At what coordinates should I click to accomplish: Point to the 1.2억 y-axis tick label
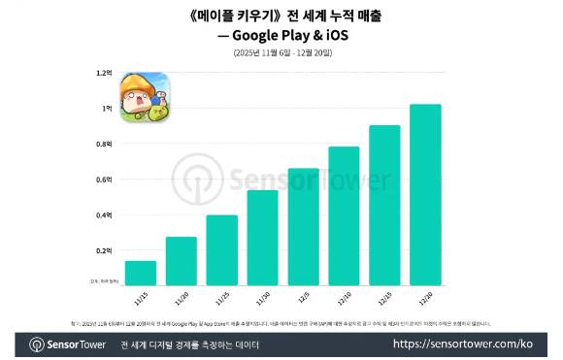[104, 73]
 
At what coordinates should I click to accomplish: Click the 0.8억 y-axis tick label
[104, 144]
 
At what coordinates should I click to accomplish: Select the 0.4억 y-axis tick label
[104, 214]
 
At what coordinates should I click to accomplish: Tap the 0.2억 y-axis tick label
[104, 250]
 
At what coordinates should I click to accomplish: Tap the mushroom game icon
[143, 99]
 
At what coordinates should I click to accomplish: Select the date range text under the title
[281, 51]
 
